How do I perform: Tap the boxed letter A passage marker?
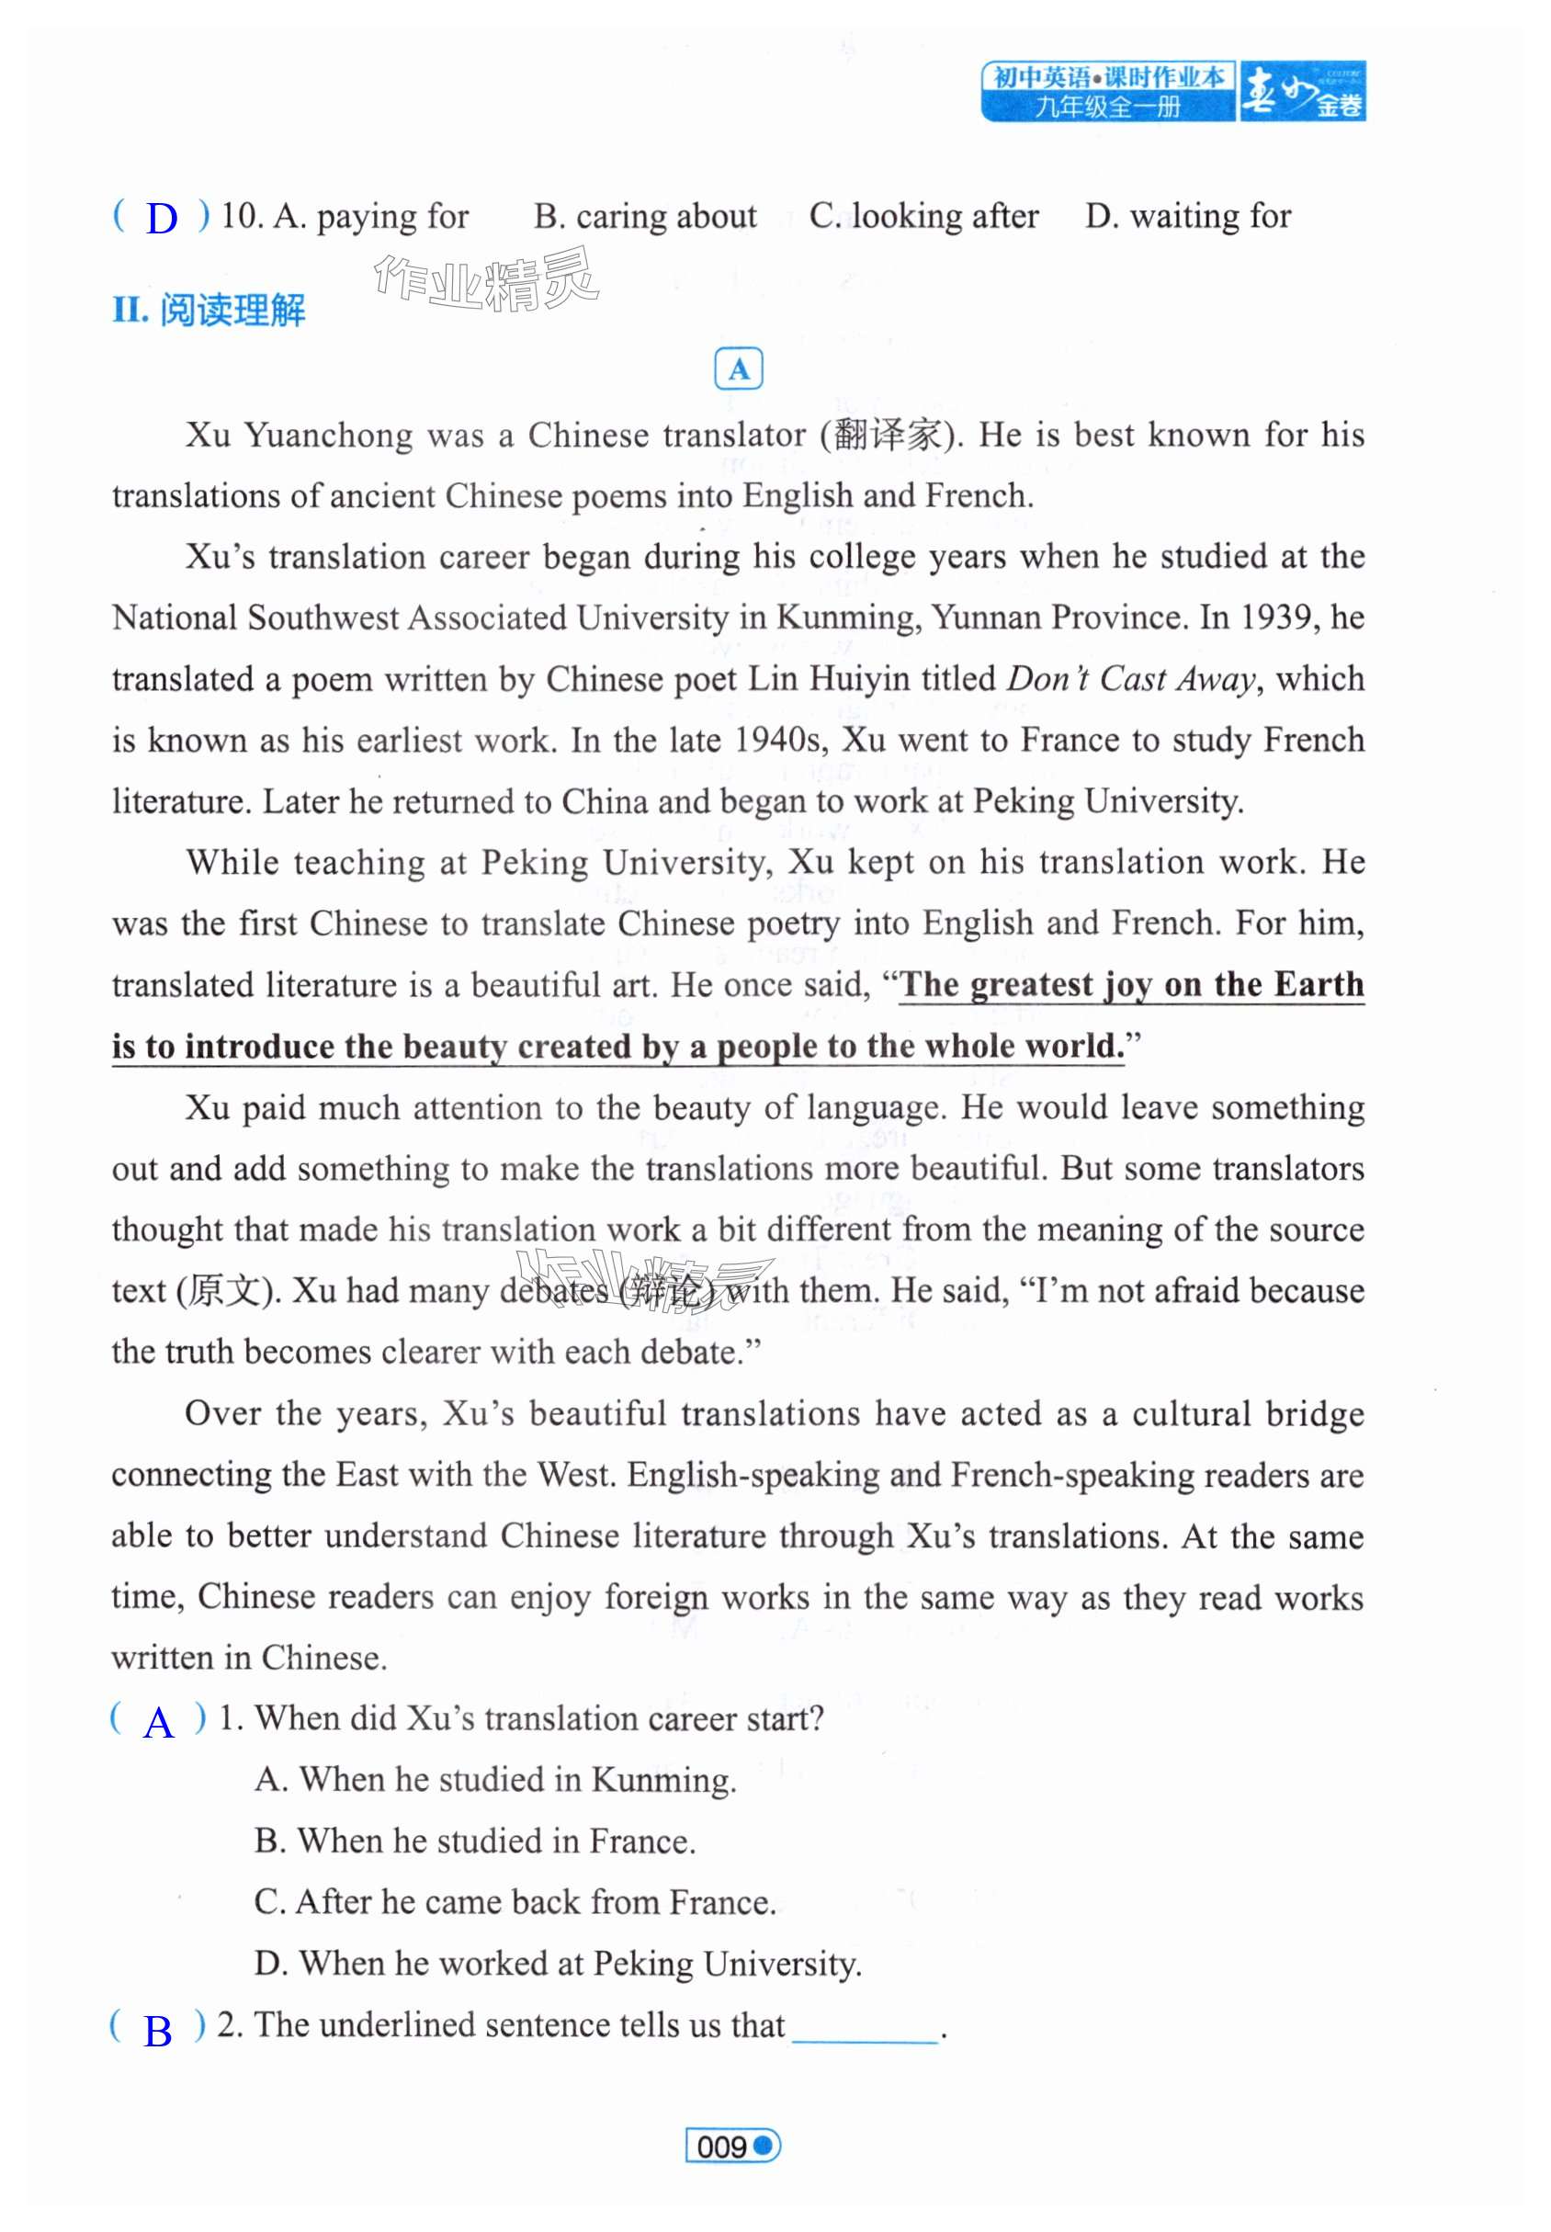point(739,369)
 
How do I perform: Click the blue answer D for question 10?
point(162,219)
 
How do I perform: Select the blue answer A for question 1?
point(158,1724)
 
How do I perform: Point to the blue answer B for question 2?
point(157,2030)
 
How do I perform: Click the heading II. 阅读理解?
point(209,310)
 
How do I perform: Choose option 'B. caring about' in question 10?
point(645,216)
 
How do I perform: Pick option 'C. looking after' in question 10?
point(923,216)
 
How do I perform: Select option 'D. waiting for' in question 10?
point(1187,216)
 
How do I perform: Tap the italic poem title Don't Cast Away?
point(1131,679)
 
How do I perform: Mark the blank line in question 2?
point(865,2029)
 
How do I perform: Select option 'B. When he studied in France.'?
point(475,1841)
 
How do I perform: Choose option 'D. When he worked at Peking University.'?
point(558,1964)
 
